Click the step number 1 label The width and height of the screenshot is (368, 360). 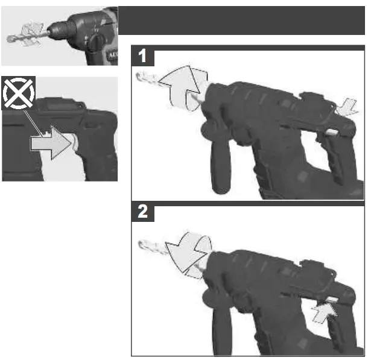pyautogui.click(x=142, y=56)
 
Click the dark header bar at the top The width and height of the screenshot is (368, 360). pyautogui.click(x=241, y=21)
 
